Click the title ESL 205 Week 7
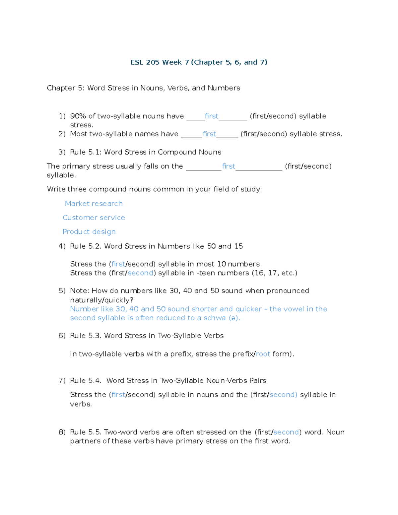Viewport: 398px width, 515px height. point(199,62)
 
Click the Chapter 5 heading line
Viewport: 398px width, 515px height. point(143,88)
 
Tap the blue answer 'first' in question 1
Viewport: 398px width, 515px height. point(211,116)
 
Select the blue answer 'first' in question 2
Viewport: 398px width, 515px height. point(209,134)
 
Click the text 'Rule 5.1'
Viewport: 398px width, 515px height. point(82,152)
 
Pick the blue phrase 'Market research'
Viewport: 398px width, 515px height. point(94,204)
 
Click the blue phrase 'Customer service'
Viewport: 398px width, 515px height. point(94,218)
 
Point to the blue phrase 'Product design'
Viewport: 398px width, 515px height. point(89,232)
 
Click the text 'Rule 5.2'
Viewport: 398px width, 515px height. point(82,246)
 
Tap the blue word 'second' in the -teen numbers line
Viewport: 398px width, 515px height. point(140,273)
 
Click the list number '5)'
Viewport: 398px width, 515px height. point(62,291)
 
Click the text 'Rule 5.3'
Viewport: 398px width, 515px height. point(82,336)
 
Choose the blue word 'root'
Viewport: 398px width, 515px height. point(263,354)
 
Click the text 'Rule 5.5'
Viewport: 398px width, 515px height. point(82,432)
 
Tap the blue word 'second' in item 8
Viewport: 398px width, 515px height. point(286,432)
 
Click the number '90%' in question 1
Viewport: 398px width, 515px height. point(78,116)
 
